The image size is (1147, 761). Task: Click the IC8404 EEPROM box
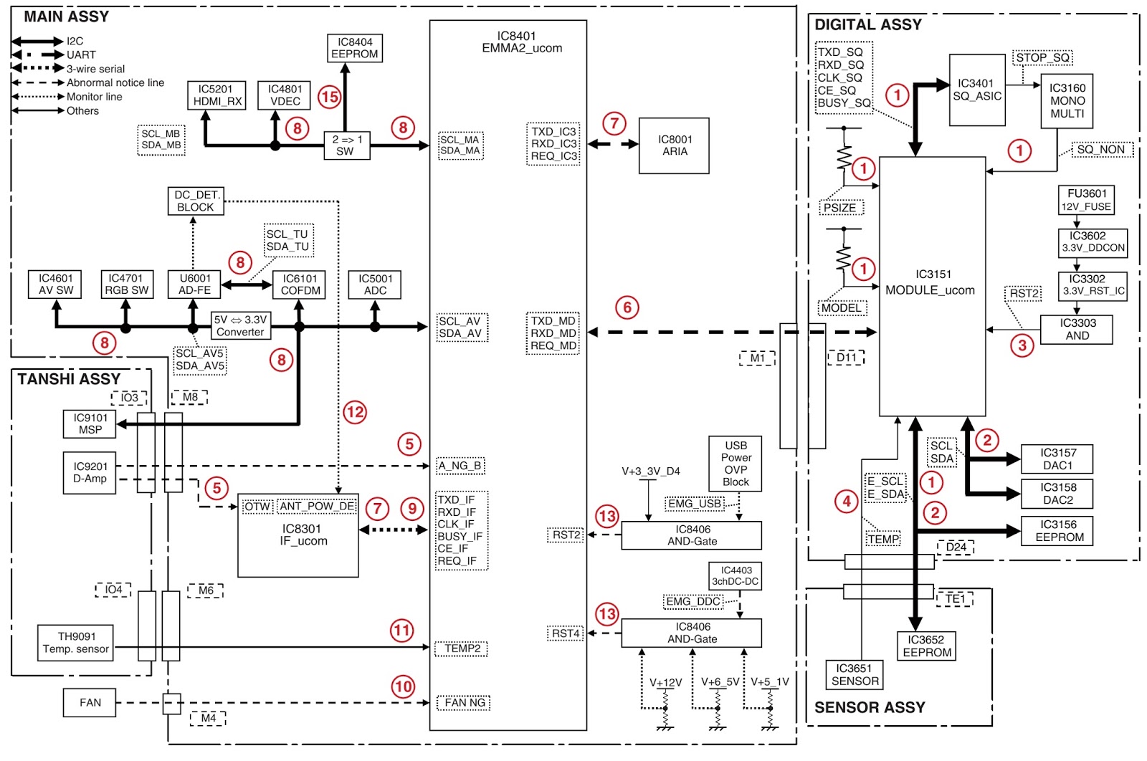[x=355, y=48]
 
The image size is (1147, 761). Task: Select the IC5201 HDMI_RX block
[x=216, y=95]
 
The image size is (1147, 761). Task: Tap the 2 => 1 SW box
[x=347, y=145]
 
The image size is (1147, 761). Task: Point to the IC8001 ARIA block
[x=674, y=146]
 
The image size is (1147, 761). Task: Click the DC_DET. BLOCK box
[x=196, y=201]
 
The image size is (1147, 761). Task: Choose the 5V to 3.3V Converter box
[x=241, y=325]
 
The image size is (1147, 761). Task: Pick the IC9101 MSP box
[x=90, y=424]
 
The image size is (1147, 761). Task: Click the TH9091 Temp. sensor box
[x=76, y=643]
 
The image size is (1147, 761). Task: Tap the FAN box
[x=90, y=703]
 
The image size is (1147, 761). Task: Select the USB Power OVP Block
[x=736, y=464]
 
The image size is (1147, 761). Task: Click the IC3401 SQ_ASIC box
[x=977, y=90]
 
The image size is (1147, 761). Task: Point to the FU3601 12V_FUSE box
[x=1086, y=200]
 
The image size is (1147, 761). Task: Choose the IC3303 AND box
[x=1076, y=330]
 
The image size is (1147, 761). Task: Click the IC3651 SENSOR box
[x=855, y=674]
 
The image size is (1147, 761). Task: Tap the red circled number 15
[x=330, y=97]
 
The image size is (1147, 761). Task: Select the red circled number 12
[x=355, y=412]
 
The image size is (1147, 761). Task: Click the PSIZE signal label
[x=840, y=208]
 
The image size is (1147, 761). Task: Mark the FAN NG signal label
[x=464, y=703]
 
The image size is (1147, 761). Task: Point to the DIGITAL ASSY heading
[x=868, y=24]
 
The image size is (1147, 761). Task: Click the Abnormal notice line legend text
[x=115, y=82]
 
